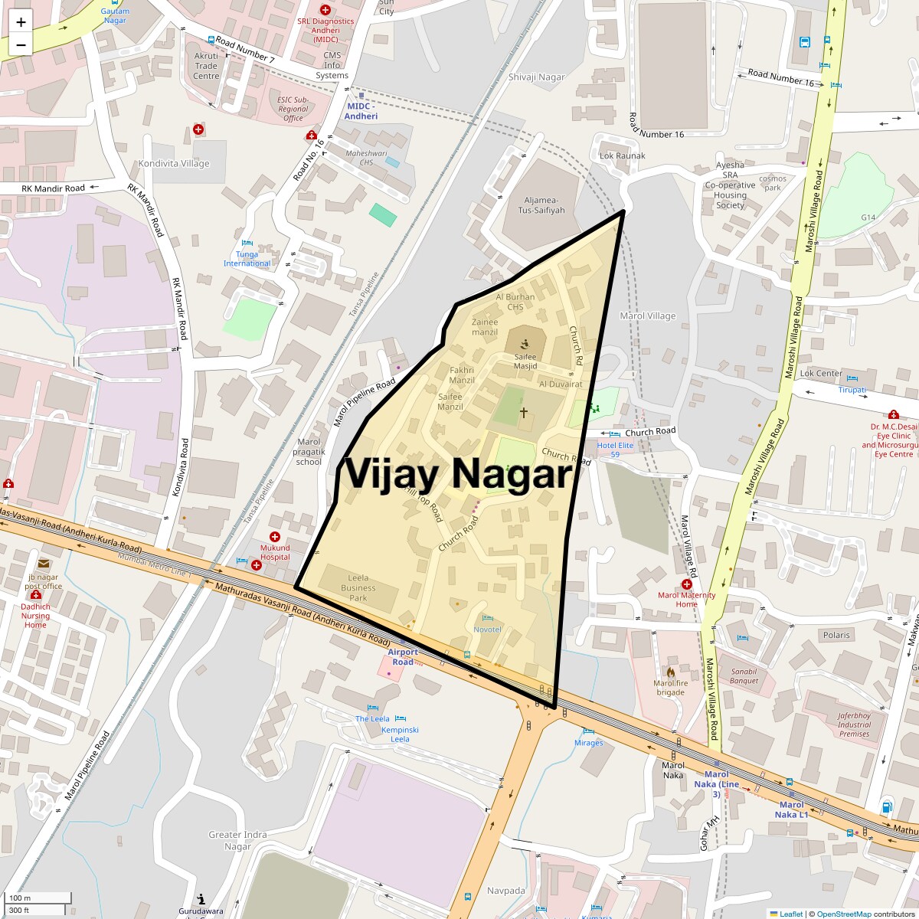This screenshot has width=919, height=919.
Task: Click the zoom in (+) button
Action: pos(21,22)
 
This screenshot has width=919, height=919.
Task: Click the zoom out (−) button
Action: pos(21,45)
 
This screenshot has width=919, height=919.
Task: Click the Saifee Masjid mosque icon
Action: pos(525,344)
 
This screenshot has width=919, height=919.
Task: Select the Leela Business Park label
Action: pos(358,588)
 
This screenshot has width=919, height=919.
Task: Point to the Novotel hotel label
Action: pos(487,630)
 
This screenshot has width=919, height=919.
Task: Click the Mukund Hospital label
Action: pos(275,552)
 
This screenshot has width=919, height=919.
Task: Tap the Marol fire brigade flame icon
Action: pos(670,672)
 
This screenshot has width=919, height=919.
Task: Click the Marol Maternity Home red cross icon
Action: pos(686,584)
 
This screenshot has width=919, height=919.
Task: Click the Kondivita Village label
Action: pos(173,164)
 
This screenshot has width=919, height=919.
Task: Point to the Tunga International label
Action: pos(247,259)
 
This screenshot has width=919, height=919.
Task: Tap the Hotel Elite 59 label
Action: pos(615,450)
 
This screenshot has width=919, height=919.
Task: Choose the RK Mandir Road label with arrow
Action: pos(53,188)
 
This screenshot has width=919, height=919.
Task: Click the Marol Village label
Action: pos(648,316)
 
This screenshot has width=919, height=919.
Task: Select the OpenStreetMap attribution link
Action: pos(843,914)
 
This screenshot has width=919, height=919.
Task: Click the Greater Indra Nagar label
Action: pos(237,840)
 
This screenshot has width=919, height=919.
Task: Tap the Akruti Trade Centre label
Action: pos(206,66)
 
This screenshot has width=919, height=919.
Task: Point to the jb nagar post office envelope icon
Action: pos(43,564)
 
